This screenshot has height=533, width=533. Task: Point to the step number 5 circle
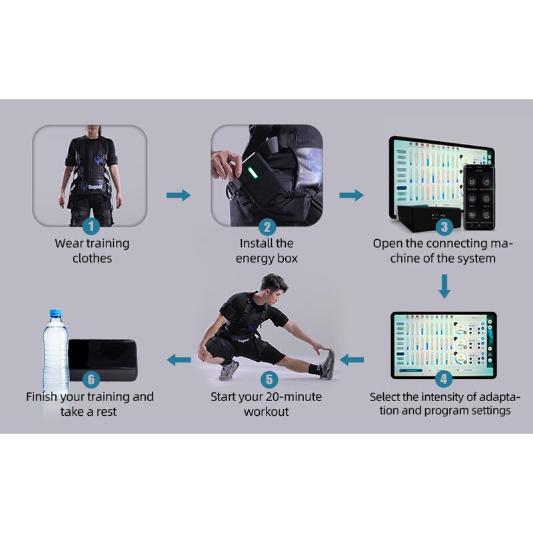click(x=268, y=380)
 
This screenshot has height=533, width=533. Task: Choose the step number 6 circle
click(x=90, y=380)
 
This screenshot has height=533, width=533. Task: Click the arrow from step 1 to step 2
click(x=178, y=195)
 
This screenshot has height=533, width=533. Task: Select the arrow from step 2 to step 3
click(x=352, y=195)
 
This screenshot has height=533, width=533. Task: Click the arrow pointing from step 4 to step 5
click(x=352, y=360)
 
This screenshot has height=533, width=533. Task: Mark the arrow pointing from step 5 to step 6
click(x=178, y=360)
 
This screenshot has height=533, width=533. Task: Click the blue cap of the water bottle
click(x=55, y=314)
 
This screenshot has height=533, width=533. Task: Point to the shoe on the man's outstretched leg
click(x=326, y=364)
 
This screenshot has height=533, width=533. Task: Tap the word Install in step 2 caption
click(x=257, y=243)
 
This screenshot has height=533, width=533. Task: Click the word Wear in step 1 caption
click(x=69, y=243)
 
